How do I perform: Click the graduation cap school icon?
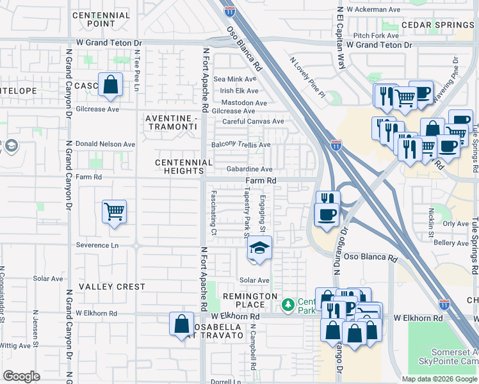tap(259, 248)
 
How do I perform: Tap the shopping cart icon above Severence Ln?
tap(114, 211)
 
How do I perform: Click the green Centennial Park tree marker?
tap(289, 303)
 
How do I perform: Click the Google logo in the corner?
tap(21, 376)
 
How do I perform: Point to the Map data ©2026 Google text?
tap(439, 379)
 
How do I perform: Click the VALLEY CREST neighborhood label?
tap(112, 287)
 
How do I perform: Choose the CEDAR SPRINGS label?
tap(437, 25)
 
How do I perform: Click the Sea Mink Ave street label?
tap(235, 79)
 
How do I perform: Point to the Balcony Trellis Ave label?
tap(241, 145)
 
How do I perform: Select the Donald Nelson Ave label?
tap(106, 145)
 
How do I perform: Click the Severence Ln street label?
tap(97, 245)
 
